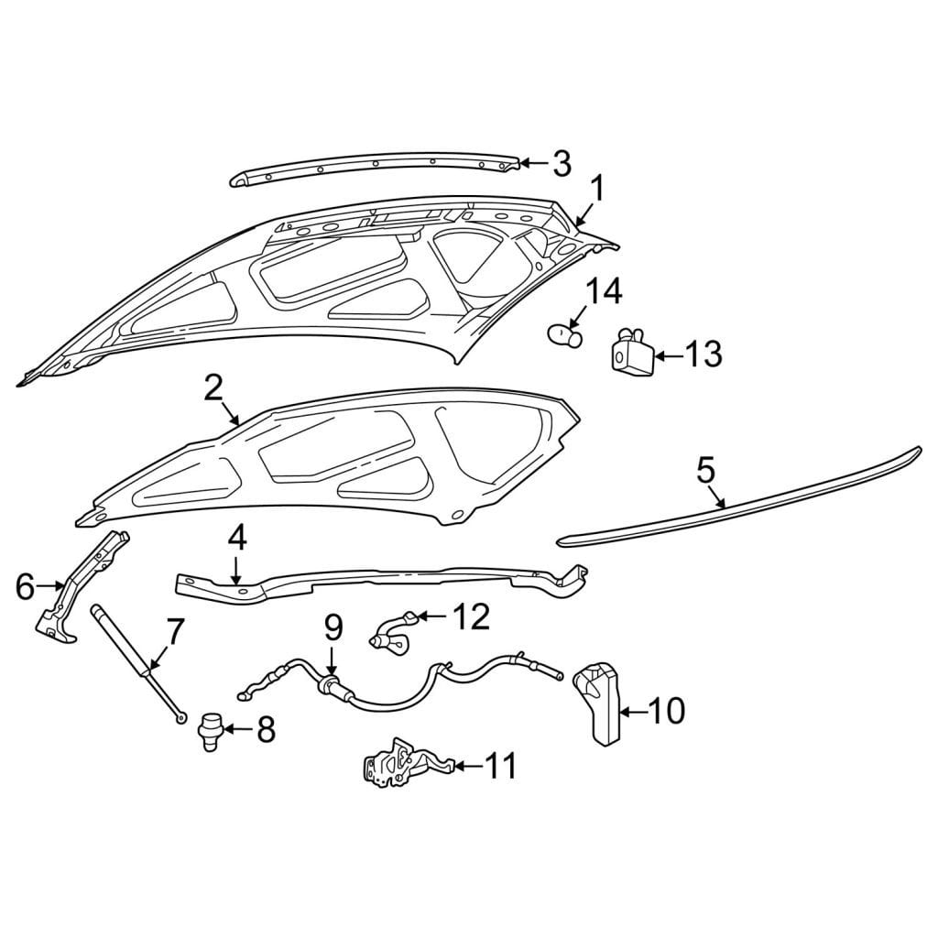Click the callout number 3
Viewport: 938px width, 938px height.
pos(562,164)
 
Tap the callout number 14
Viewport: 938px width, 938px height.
pos(604,291)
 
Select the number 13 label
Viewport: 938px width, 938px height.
pos(703,354)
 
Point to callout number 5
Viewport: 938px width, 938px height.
pos(706,470)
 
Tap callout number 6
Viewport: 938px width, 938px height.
pos(25,586)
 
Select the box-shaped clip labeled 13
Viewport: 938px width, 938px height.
pos(631,351)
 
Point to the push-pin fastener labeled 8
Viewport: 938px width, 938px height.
pos(210,731)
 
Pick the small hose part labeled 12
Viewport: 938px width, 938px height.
pos(395,633)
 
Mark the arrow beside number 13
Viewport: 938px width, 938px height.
pos(669,356)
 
